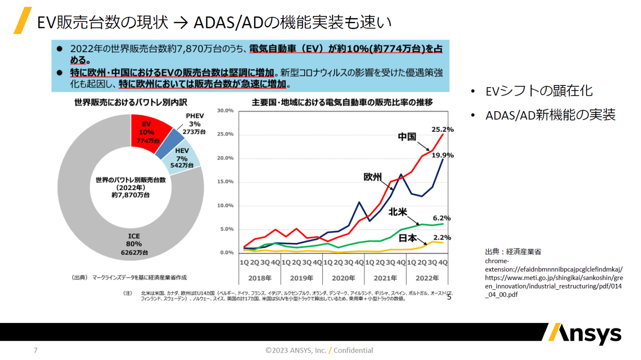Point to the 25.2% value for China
point(442,129)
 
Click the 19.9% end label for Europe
point(442,155)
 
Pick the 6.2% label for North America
point(441,218)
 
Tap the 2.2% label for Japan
point(442,238)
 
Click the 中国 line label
point(407,136)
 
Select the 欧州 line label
point(372,177)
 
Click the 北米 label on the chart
point(398,212)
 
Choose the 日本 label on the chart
point(407,238)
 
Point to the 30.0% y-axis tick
point(225,110)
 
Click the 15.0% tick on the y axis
point(225,182)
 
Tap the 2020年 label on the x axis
point(343,278)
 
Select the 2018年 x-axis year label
point(260,278)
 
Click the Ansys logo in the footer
point(585,334)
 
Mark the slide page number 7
point(36,350)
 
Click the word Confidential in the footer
point(353,350)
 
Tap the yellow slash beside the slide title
point(23,20)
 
